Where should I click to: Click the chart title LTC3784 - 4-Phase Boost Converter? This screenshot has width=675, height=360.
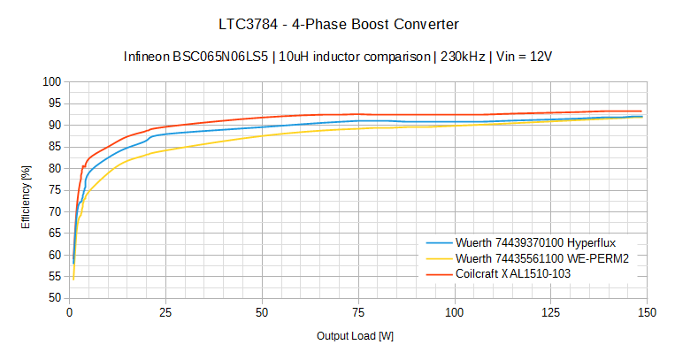pos(338,22)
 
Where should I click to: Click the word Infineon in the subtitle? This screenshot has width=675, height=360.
pos(148,57)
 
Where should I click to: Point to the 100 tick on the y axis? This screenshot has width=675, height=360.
pos(52,82)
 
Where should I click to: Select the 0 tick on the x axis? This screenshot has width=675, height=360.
pos(70,312)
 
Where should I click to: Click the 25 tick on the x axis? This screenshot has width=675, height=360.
pos(165,312)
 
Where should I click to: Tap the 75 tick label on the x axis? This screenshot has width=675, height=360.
pos(358,312)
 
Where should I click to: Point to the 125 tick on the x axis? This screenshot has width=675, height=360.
pos(550,312)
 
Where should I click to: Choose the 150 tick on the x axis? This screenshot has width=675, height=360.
pos(647,312)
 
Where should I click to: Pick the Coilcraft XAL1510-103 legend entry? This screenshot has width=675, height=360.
pos(521,274)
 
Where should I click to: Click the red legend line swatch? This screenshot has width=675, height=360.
pos(439,274)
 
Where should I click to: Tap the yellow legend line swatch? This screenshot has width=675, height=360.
pos(439,258)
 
